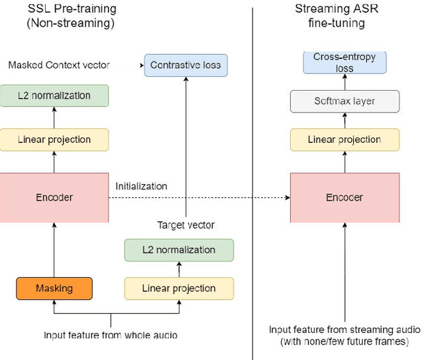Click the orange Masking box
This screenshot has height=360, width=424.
coord(54,289)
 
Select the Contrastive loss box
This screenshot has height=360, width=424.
coord(185,65)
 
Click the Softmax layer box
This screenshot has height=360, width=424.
coord(344,101)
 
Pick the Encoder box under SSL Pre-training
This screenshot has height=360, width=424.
coord(54,197)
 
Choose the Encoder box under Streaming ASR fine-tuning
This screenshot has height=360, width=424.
coord(344,197)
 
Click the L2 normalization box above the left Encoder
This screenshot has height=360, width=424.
coord(54,96)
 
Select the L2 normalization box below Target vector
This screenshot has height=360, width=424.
coord(179,250)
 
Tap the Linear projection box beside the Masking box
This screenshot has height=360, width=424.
coord(179,289)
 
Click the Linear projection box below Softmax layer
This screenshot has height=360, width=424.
coord(344,139)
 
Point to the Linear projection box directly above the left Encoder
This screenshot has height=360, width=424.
coord(54,139)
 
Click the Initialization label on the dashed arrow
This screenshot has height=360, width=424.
coord(142,187)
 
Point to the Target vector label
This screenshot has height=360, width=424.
coord(186,225)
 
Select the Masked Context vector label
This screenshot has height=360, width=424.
coord(58,65)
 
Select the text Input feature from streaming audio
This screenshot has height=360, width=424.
coord(344,330)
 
